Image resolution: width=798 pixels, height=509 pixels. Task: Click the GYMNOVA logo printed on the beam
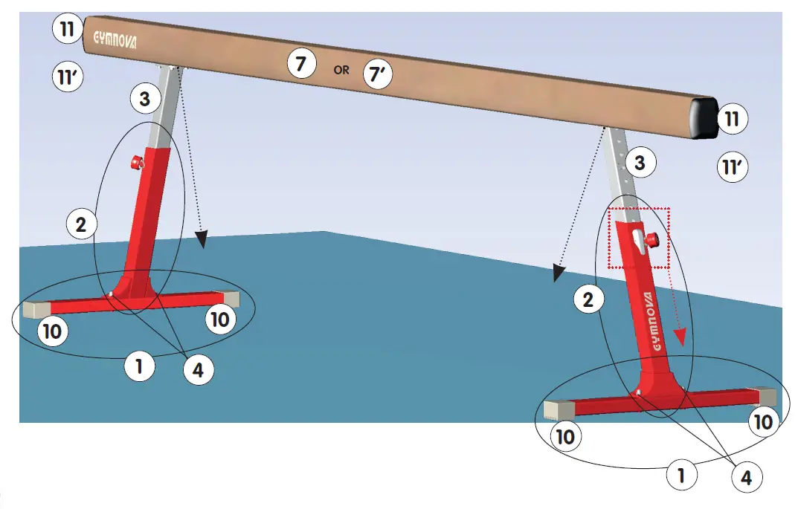(114, 38)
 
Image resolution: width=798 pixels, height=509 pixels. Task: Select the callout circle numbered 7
(300, 65)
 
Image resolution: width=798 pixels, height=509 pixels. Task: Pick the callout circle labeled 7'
(376, 74)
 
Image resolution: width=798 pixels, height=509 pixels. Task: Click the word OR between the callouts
(341, 71)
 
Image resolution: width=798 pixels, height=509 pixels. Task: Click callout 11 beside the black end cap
(733, 119)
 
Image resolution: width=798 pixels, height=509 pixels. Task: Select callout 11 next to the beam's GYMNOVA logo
(67, 30)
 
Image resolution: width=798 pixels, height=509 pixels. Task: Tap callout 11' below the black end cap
(733, 168)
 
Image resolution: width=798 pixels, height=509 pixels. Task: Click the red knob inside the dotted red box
(652, 240)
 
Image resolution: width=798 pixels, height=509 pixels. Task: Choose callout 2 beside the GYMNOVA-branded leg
(588, 300)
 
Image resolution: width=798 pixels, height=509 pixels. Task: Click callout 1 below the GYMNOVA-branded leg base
(681, 474)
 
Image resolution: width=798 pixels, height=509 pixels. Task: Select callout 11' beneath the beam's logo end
(68, 77)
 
